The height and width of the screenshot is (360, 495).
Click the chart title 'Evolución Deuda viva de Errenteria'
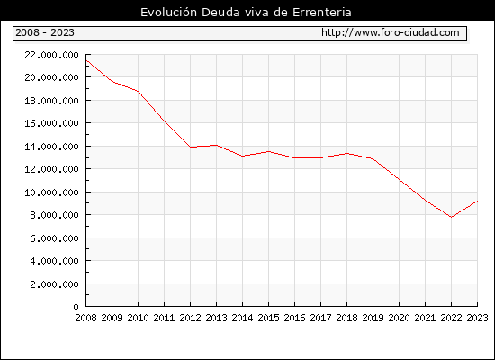coord(246,13)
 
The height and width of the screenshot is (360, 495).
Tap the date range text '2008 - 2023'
coord(45,32)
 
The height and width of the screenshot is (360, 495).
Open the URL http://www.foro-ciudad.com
coord(391,32)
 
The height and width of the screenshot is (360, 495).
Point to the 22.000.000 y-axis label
coord(51,55)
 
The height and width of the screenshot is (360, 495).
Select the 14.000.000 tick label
coord(51,147)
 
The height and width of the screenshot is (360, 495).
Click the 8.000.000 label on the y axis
coord(54,215)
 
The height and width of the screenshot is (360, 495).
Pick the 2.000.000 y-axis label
coord(54,284)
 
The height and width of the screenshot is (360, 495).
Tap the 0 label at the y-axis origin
coord(76,307)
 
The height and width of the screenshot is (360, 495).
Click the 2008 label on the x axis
coord(85,318)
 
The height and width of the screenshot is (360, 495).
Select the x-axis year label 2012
coord(191,318)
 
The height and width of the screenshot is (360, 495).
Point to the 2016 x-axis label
coord(295,318)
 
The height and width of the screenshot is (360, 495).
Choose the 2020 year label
coord(399,318)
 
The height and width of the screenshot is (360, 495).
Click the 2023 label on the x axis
coord(477,318)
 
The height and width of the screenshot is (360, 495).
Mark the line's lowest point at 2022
coord(452,217)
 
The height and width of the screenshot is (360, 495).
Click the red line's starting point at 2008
coord(86,60)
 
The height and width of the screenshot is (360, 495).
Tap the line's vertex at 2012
coord(191,148)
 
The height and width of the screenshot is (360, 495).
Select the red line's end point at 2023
coord(477,201)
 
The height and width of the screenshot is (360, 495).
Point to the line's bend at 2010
coord(139,92)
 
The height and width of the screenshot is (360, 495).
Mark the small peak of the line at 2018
coord(346,154)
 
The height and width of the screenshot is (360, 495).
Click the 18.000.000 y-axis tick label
coord(51,101)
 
